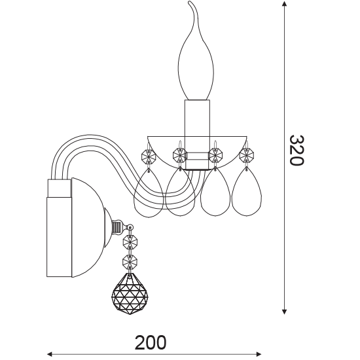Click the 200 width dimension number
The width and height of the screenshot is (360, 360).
tap(151, 342)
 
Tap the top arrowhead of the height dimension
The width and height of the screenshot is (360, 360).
tap(284, 4)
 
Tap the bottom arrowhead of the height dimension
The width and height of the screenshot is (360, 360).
tap(284, 312)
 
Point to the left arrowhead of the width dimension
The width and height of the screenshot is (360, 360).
tap(49, 354)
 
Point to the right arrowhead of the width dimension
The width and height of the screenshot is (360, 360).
tap(259, 354)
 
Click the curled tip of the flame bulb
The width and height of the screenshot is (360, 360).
tap(190, 3)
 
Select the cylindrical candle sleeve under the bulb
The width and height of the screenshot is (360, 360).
tap(197, 134)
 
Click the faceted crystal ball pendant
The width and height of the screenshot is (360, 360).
tap(130, 294)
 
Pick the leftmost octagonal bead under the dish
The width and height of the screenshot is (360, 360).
tap(149, 157)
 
